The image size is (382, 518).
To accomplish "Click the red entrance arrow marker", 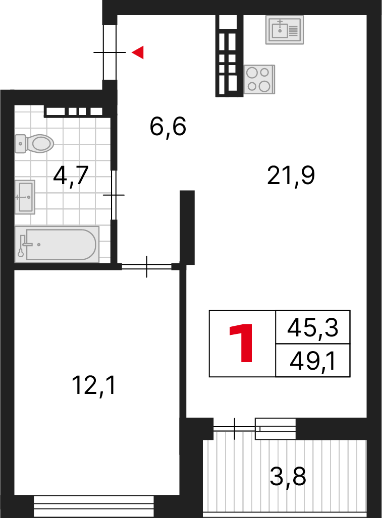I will (138, 52).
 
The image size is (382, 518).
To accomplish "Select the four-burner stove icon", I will (259, 79).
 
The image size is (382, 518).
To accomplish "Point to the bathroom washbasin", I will (25, 197).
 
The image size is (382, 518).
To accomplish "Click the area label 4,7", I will (71, 176).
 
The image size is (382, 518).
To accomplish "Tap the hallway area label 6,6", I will (168, 127).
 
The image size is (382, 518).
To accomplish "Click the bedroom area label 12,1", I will (94, 386).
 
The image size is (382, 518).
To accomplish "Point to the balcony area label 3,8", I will (288, 476).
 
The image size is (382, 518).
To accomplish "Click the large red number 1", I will (242, 343).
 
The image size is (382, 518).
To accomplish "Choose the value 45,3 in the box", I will (312, 328).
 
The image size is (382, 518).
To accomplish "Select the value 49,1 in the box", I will (312, 360).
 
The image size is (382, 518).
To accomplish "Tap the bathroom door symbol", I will (114, 195).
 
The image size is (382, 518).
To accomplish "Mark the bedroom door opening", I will (147, 266).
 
